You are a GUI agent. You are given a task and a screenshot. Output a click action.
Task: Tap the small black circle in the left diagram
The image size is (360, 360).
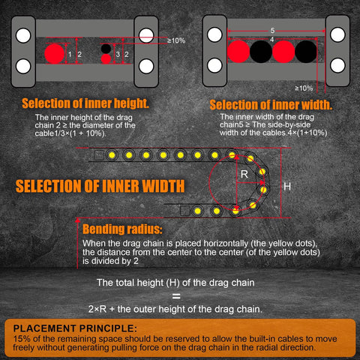pos(106,48)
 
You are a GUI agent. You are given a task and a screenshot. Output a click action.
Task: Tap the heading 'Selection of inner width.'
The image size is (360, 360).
pos(271,104)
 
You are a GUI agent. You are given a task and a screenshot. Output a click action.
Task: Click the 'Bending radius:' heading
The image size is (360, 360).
pos(121,229)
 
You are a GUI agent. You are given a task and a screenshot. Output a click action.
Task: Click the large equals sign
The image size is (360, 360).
pos(180,296)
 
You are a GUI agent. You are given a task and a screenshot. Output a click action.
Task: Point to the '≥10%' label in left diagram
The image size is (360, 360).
pos(176,40)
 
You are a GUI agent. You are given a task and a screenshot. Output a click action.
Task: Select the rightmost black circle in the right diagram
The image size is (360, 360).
pos(305,52)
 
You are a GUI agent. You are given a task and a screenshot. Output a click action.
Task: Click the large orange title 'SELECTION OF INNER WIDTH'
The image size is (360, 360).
pos(97,185)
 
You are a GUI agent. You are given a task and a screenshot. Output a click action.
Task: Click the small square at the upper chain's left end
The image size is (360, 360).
pos(100,154)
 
